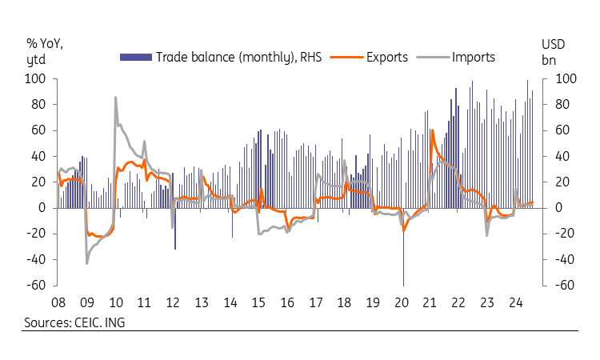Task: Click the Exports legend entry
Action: tap(387, 57)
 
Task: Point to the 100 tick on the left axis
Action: tap(35, 79)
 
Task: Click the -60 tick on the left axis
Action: tap(35, 286)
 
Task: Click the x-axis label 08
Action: tap(58, 303)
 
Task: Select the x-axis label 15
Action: tap(258, 303)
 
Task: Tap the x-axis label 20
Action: tap(402, 303)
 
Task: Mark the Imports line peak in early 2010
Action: tap(116, 98)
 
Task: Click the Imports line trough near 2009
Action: tap(87, 263)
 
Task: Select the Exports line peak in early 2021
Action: tap(432, 130)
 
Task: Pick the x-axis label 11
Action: tap(144, 303)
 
